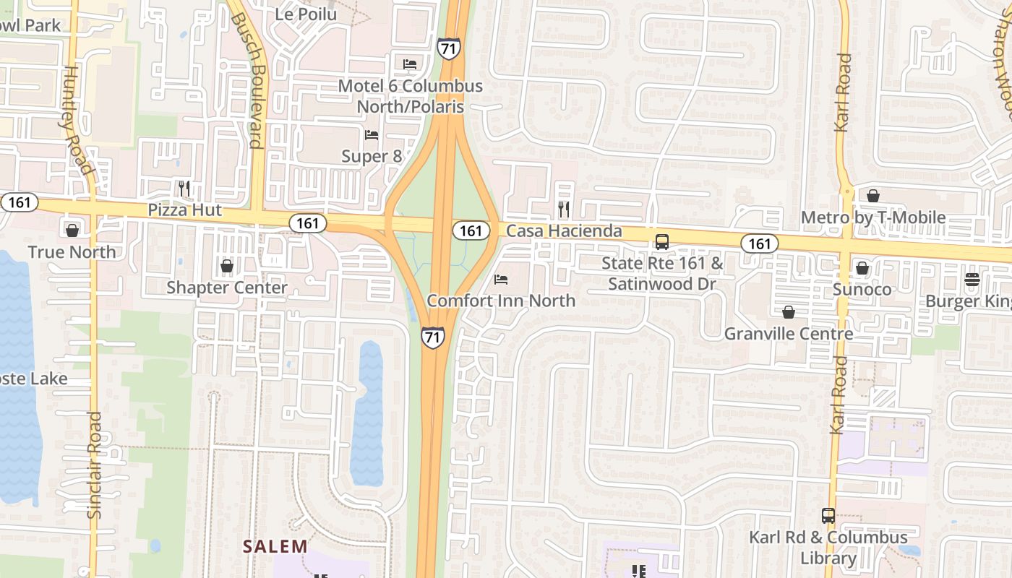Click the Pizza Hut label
[185, 210]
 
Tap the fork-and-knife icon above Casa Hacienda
[564, 210]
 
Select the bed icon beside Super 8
[372, 135]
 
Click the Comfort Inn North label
[501, 301]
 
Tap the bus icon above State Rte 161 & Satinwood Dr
[662, 242]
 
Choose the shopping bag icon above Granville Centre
[789, 312]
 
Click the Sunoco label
[862, 290]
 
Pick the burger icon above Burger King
[972, 280]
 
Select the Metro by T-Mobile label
[873, 217]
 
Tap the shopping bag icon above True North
[72, 230]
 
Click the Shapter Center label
[227, 288]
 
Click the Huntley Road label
[78, 119]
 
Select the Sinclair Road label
[95, 465]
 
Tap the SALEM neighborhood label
[275, 546]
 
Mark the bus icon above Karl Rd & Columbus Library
[828, 517]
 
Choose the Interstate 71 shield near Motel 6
[448, 48]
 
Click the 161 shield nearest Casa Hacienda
[470, 230]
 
